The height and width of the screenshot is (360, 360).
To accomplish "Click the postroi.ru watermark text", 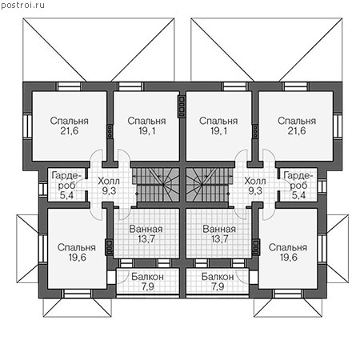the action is (x=22, y=6).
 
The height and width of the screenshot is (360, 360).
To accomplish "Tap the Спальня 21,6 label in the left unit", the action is (x=70, y=126).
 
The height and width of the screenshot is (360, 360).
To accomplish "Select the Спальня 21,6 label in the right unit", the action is (x=297, y=126).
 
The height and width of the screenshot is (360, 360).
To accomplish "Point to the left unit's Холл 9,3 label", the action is (x=109, y=186).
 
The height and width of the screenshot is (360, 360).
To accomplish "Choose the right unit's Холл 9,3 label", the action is (x=255, y=186).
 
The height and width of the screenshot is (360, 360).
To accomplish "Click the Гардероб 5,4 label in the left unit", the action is (x=66, y=185).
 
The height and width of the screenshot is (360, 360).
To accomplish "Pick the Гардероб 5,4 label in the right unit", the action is (x=298, y=185).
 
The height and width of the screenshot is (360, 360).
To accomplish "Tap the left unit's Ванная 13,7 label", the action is (x=146, y=234).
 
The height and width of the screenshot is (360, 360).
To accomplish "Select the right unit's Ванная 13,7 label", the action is (x=219, y=234).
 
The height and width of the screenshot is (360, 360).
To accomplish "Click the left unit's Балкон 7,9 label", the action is (x=147, y=282).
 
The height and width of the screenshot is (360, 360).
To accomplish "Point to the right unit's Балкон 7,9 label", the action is (x=218, y=282).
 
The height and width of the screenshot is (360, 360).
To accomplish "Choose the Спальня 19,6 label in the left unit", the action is (x=77, y=252).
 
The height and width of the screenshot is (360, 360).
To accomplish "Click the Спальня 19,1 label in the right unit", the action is (x=218, y=126).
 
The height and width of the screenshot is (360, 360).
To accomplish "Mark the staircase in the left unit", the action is (x=156, y=185).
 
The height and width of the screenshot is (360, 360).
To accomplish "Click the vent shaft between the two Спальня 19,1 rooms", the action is (x=182, y=106).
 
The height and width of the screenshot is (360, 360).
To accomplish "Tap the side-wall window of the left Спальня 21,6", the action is (x=27, y=126).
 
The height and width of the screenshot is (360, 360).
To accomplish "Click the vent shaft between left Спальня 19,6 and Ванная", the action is (x=110, y=247).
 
